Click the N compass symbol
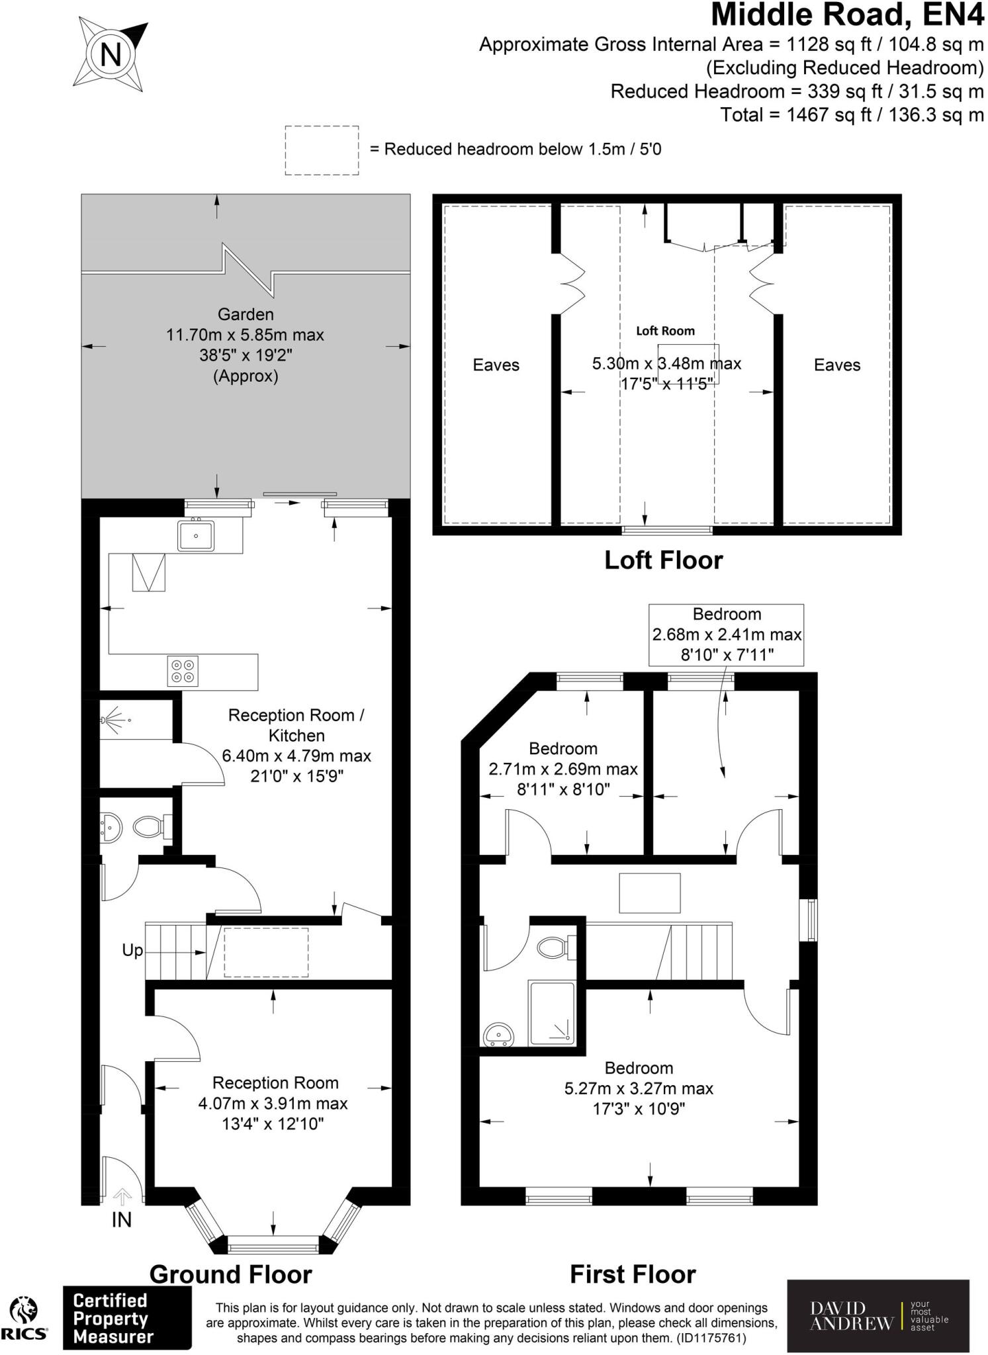[x=111, y=54]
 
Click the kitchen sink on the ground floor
[x=195, y=535]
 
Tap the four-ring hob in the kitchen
[x=183, y=670]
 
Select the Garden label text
[x=246, y=315]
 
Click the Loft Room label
[x=665, y=331]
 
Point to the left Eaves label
[x=496, y=365]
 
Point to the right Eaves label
[x=836, y=365]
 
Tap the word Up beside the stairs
[x=132, y=951]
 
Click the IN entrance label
[x=121, y=1219]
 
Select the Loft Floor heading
[x=663, y=560]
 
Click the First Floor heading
[x=633, y=1274]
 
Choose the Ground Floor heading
[x=230, y=1274]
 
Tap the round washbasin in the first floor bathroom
[x=499, y=1034]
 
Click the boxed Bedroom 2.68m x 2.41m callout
[x=726, y=634]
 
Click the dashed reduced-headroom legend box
[x=322, y=150]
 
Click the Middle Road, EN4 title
[x=847, y=15]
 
